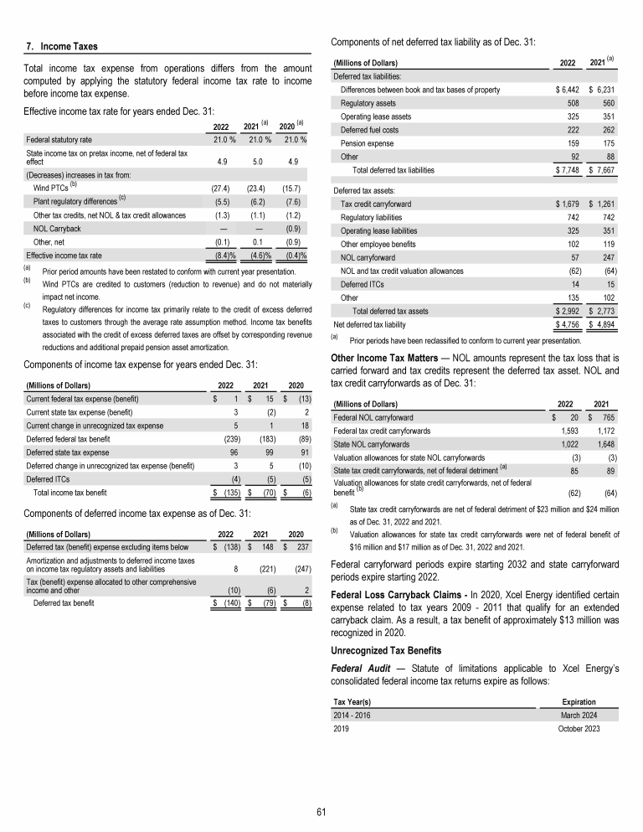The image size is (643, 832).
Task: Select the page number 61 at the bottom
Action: [321, 810]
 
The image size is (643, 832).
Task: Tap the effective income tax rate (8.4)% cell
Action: [221, 254]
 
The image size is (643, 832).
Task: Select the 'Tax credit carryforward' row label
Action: [376, 204]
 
